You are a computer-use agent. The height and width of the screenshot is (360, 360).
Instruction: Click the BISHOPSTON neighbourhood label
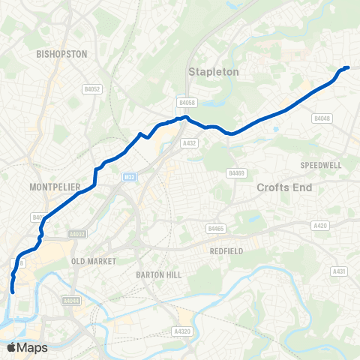click(x=62, y=54)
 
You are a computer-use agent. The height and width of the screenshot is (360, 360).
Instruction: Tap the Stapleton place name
click(x=213, y=72)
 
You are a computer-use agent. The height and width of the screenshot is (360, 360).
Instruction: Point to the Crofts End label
click(x=283, y=187)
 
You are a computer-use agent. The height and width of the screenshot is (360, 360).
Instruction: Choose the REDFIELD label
click(x=226, y=251)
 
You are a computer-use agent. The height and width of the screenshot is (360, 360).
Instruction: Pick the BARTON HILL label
click(x=159, y=275)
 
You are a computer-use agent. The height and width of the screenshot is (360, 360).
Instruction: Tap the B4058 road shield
click(x=187, y=102)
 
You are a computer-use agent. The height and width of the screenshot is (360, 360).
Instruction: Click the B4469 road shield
click(x=237, y=173)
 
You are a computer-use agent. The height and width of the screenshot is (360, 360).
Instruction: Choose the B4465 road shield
click(x=217, y=228)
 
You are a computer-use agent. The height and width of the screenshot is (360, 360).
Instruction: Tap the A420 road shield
click(x=321, y=225)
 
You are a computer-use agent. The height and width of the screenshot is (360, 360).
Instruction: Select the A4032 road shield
click(x=77, y=234)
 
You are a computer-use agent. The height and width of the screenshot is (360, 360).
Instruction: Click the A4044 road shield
click(x=72, y=301)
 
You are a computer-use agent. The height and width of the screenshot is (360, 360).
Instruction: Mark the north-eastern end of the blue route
click(x=347, y=67)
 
